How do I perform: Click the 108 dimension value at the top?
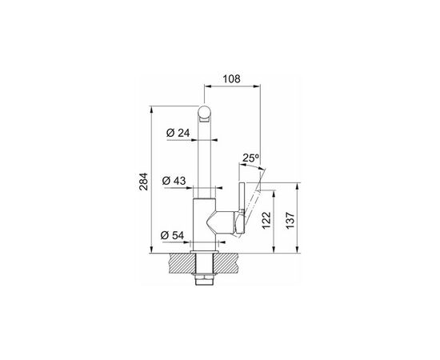coord(231,79)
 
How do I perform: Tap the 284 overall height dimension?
coord(144,182)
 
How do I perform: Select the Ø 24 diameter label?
coord(178,133)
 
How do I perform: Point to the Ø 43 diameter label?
coord(174,181)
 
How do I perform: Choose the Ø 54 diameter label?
coord(172,235)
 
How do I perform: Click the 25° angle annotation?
coord(250,158)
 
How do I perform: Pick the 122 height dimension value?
coord(266,220)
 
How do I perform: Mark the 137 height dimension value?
coord(290,220)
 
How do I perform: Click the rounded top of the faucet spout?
coord(204,112)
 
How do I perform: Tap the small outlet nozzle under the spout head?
coord(204,120)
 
